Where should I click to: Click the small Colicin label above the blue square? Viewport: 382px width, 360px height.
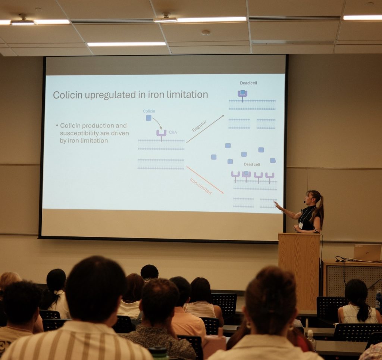(149, 111)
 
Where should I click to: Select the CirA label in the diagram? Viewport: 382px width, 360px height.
(173, 133)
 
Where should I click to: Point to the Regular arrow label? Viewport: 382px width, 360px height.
(199, 126)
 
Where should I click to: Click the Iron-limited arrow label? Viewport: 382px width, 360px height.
(201, 186)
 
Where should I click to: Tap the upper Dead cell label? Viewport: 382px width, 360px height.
(248, 83)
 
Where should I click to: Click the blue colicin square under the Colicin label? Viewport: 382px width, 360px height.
(148, 118)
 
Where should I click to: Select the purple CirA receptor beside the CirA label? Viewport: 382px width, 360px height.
(161, 135)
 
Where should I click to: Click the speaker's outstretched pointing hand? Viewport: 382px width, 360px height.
(277, 205)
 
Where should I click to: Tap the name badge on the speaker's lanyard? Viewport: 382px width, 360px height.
(301, 225)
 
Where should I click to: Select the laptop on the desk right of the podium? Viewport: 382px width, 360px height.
(367, 253)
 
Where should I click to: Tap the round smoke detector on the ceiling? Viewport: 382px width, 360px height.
(206, 33)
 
